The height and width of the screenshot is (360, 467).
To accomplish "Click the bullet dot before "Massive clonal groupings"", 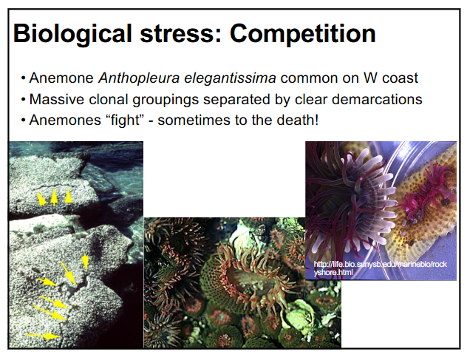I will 24,100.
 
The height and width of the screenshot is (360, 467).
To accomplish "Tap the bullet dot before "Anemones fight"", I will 24,120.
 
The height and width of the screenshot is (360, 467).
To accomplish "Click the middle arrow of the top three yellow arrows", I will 55,197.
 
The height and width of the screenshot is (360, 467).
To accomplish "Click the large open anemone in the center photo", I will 244,274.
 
